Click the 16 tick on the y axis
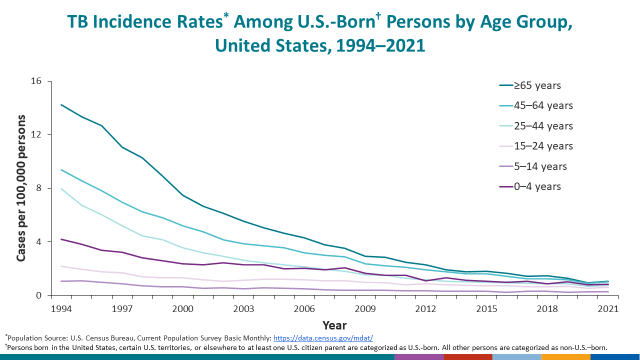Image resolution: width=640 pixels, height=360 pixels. point(40,81)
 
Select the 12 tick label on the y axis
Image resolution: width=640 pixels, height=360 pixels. point(40,135)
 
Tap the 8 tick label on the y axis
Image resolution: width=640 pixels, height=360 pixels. point(42,188)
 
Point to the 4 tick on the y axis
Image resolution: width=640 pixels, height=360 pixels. point(42,242)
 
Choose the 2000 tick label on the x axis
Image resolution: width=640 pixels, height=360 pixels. point(182,308)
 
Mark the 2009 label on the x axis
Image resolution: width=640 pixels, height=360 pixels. point(365,308)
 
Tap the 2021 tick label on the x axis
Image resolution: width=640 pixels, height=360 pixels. point(607,308)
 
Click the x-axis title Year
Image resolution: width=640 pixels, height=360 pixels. point(334,325)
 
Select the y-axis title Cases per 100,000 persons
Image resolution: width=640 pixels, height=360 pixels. point(21,188)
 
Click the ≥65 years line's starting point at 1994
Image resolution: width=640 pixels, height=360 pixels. point(61,105)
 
